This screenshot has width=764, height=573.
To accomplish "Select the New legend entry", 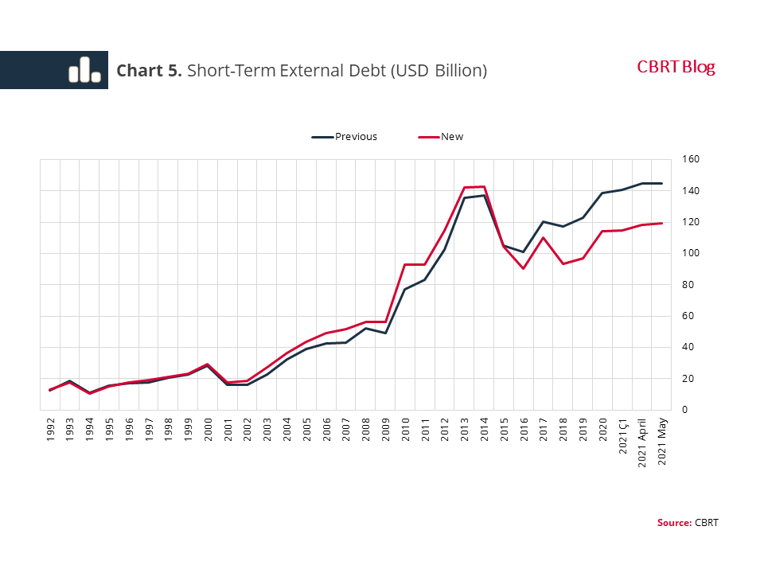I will [451, 137].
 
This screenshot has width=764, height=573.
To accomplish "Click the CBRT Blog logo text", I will [676, 68].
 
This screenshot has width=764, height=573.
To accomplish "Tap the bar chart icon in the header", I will [84, 70].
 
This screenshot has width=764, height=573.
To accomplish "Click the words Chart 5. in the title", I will [150, 71].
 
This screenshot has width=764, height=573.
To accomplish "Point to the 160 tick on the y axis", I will [691, 159].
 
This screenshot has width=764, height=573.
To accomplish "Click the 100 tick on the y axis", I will [691, 253].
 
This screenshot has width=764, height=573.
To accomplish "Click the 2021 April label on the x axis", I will [642, 438].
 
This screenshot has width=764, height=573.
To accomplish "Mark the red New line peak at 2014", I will [484, 187].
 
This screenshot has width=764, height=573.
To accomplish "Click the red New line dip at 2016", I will [523, 268].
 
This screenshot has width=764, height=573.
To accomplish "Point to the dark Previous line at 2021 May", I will [661, 184].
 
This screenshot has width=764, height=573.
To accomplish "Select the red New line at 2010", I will [405, 265].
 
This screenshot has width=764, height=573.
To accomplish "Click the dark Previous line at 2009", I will [385, 333].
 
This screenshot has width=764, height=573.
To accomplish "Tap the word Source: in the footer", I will [674, 523].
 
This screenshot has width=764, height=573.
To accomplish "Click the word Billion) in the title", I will [460, 71].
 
